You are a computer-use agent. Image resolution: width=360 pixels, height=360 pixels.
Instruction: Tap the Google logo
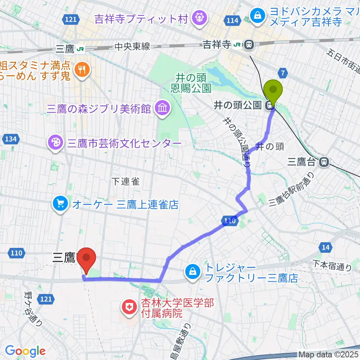point(25,351)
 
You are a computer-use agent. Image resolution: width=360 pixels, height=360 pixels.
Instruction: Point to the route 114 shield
point(232,20)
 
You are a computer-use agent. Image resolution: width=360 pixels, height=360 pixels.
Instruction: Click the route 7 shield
point(283,72)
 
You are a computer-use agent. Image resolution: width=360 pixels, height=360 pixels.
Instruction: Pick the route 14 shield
point(326,247)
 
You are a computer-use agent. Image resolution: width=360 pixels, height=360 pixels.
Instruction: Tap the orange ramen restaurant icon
point(81,69)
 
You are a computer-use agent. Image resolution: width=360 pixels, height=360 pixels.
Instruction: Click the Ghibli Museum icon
point(164,109)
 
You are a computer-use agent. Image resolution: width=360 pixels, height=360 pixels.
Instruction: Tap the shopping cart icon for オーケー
point(60,204)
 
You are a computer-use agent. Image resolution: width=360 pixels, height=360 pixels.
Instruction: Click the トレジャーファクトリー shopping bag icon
point(193,272)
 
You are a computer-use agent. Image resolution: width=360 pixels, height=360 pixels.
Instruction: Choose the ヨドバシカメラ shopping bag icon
point(258,16)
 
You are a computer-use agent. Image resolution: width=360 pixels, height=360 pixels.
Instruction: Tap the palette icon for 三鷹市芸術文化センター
point(55,143)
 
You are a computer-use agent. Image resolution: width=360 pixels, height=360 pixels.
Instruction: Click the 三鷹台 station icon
point(324,162)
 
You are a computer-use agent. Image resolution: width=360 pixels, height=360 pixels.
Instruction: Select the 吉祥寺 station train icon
point(248,45)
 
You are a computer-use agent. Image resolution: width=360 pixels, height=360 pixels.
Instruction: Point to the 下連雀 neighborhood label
point(126,181)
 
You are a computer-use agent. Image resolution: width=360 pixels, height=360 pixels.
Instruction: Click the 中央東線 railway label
point(132,47)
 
